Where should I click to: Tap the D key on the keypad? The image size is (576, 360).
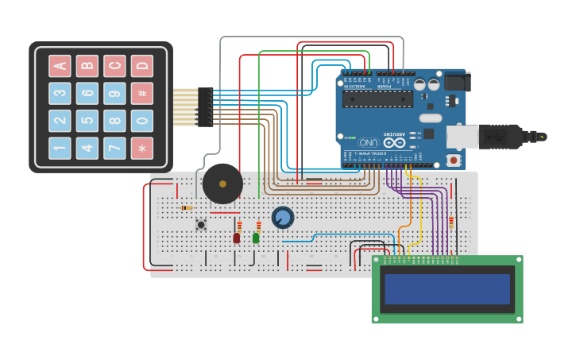click(x=141, y=66)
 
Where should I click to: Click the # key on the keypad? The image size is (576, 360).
click(x=141, y=94)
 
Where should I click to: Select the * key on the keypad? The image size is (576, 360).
click(x=141, y=148)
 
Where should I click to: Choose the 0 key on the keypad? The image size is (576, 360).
click(x=141, y=121)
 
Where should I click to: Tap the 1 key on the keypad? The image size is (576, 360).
click(x=60, y=148)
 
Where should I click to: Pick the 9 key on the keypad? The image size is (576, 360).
click(x=114, y=94)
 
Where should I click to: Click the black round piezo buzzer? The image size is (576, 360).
click(x=222, y=184)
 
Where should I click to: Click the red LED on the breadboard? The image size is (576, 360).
click(x=236, y=238)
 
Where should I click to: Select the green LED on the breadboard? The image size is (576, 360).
click(x=256, y=238)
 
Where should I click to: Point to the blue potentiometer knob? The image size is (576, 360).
click(x=283, y=217)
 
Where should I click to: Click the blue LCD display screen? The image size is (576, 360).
click(x=447, y=289)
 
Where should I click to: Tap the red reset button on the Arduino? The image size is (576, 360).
click(x=454, y=160)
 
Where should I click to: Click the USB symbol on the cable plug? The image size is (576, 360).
click(x=495, y=136)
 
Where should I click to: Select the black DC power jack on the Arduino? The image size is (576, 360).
click(x=456, y=82)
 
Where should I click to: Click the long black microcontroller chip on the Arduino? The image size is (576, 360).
click(x=377, y=99)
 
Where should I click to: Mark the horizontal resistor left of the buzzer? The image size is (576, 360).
click(x=187, y=208)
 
